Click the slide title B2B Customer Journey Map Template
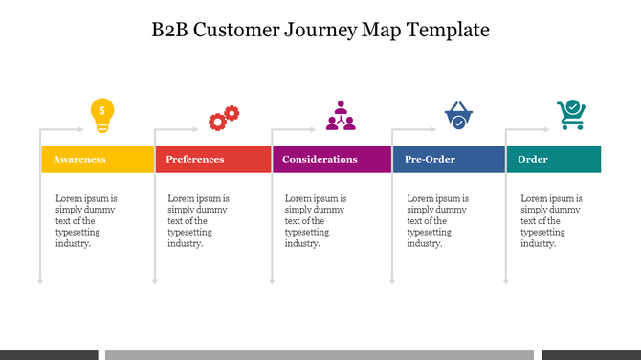click(320, 30)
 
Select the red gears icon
click(224, 118)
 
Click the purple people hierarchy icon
click(340, 115)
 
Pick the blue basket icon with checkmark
click(458, 116)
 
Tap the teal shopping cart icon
click(571, 115)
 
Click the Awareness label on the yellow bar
click(79, 160)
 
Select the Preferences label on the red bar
click(195, 160)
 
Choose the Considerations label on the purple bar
click(320, 160)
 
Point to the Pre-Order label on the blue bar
click(430, 160)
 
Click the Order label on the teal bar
click(533, 160)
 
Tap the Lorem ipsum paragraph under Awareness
click(86, 221)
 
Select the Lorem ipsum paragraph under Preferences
click(198, 221)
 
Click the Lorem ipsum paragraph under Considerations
click(316, 221)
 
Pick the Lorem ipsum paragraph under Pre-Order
click(437, 221)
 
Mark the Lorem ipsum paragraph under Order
click(551, 221)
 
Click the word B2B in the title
click(169, 30)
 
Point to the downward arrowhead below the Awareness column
click(40, 281)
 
